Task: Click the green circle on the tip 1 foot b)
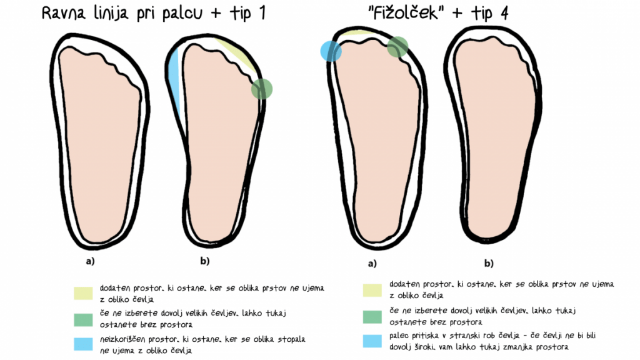262,89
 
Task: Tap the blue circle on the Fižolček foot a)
331,51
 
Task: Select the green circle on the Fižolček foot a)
397,47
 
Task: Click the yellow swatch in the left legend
83,294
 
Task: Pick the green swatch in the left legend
83,319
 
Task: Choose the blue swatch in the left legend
83,344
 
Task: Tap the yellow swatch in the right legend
372,290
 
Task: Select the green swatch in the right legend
372,317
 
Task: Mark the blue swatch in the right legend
372,341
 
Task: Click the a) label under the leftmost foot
90,261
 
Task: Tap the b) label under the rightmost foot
489,263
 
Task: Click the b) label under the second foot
205,261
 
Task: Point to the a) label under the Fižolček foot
372,264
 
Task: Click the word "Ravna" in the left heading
64,13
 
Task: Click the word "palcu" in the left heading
182,14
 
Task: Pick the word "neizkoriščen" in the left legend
122,339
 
